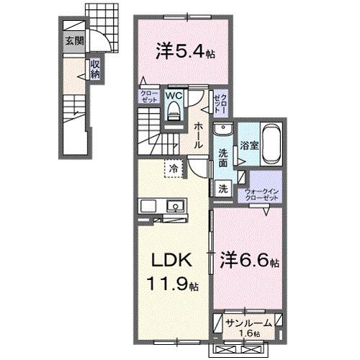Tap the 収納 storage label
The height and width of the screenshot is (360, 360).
point(95,68)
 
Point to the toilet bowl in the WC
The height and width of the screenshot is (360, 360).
point(173,111)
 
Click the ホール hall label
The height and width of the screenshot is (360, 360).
point(197,135)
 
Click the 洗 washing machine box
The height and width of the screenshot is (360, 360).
point(222,189)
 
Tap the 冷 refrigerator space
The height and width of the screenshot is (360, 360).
point(174,168)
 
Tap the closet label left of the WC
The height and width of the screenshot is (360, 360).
point(148,97)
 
